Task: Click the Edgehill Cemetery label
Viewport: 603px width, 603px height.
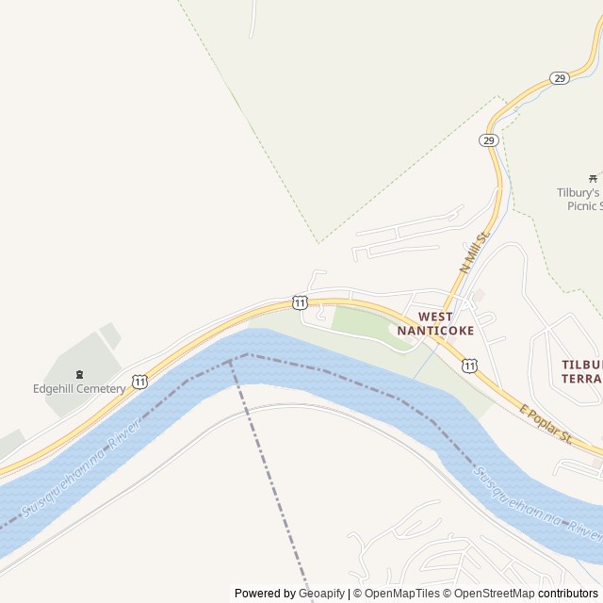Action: [x=79, y=389]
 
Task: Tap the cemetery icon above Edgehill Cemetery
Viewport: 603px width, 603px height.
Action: [x=79, y=374]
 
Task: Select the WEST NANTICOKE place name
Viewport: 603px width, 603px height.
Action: [x=435, y=324]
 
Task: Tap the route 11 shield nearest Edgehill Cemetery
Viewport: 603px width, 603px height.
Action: [x=139, y=382]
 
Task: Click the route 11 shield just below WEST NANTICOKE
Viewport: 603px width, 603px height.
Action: [x=469, y=366]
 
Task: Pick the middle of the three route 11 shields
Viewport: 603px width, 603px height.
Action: [x=299, y=302]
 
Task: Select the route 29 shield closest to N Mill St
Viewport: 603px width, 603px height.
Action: [x=488, y=140]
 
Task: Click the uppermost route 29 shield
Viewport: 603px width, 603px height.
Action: [x=560, y=77]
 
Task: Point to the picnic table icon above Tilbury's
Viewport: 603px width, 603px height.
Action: [x=593, y=177]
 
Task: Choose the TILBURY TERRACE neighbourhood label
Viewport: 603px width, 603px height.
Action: [x=581, y=371]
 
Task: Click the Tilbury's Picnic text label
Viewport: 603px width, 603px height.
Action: [x=579, y=199]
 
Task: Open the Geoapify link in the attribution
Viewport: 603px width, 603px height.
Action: [x=321, y=594]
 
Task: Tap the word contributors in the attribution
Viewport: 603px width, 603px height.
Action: [x=568, y=594]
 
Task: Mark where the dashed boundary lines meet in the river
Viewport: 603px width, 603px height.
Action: [x=230, y=361]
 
